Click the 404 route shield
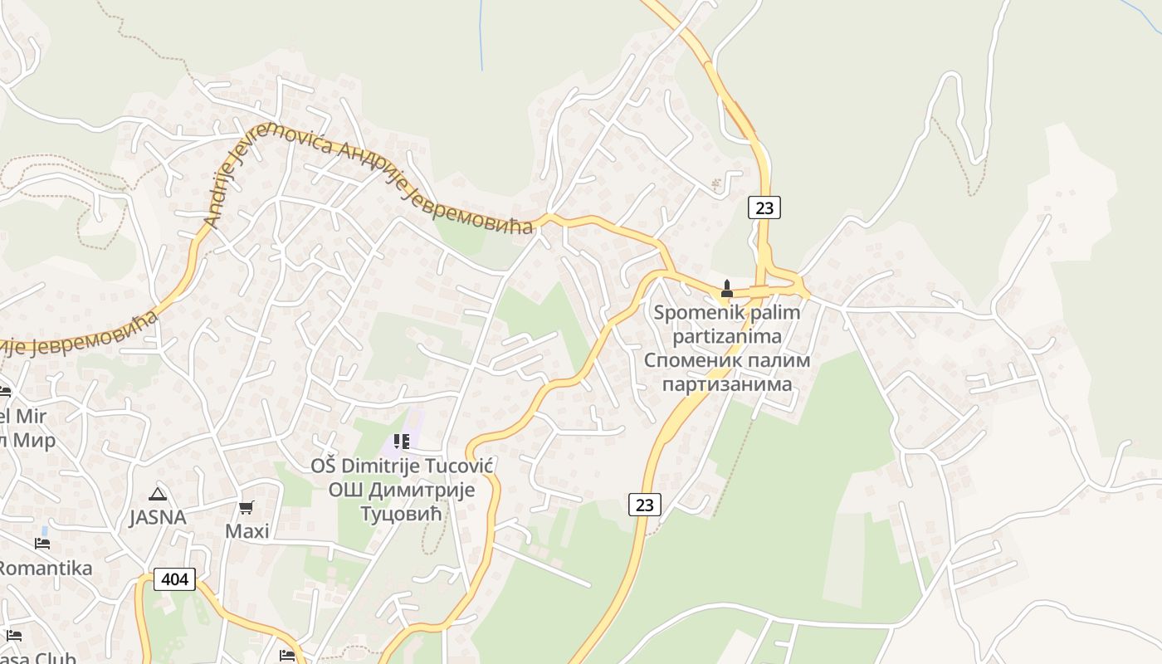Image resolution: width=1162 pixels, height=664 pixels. click(x=174, y=579)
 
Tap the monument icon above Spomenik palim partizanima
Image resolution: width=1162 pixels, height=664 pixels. click(x=727, y=289)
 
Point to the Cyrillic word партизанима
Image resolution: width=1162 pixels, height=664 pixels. click(x=726, y=384)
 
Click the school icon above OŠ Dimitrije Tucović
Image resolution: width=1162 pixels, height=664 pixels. click(x=402, y=441)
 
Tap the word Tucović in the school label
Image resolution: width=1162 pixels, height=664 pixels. click(x=458, y=466)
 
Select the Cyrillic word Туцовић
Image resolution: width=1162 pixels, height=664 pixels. click(x=403, y=514)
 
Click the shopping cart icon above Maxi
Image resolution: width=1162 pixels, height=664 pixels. click(x=246, y=507)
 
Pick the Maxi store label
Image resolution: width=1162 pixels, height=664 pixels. click(x=247, y=531)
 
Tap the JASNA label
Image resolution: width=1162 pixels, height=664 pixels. click(x=158, y=518)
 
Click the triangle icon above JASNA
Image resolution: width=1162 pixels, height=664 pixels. click(x=158, y=494)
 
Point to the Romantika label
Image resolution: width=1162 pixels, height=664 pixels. click(x=45, y=569)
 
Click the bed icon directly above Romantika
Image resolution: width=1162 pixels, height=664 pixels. click(x=42, y=544)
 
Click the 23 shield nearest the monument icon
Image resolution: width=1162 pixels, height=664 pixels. click(x=764, y=207)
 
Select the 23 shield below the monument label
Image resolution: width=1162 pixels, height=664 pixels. click(x=644, y=504)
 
